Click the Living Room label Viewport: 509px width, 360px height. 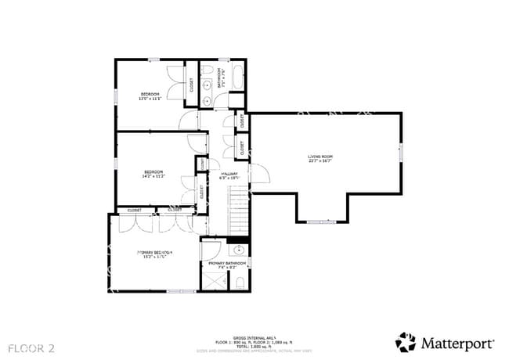pyautogui.click(x=319, y=157)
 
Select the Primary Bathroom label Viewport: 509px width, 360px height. pyautogui.click(x=226, y=264)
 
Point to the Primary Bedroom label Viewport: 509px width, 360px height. pyautogui.click(x=154, y=252)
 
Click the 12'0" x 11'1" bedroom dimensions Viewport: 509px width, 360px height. pyautogui.click(x=150, y=99)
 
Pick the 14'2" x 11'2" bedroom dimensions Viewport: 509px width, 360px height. pyautogui.click(x=153, y=176)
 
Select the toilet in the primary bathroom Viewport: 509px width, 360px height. pyautogui.click(x=241, y=281)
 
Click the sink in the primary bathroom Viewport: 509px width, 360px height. pyautogui.click(x=240, y=251)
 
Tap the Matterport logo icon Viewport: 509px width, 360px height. pyautogui.click(x=406, y=342)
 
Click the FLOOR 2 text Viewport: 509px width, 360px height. pyautogui.click(x=32, y=345)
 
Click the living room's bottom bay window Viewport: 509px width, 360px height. pyautogui.click(x=319, y=222)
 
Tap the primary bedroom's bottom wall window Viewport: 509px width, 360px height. pyautogui.click(x=182, y=291)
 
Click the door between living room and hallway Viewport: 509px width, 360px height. pyautogui.click(x=258, y=175)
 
